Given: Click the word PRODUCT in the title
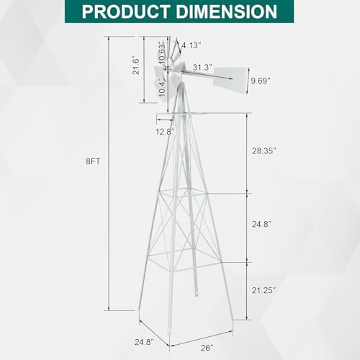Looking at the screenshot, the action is [126, 12].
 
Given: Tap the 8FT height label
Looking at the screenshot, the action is [93, 161].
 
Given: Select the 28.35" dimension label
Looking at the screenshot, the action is [264, 151].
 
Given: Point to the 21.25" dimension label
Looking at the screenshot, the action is [264, 290].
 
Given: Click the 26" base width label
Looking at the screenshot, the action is [207, 348].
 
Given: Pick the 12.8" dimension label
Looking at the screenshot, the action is [165, 132].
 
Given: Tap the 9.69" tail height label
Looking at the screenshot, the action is [261, 81].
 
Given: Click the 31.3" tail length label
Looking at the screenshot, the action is [202, 68].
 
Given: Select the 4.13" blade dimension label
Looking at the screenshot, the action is [192, 45].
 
